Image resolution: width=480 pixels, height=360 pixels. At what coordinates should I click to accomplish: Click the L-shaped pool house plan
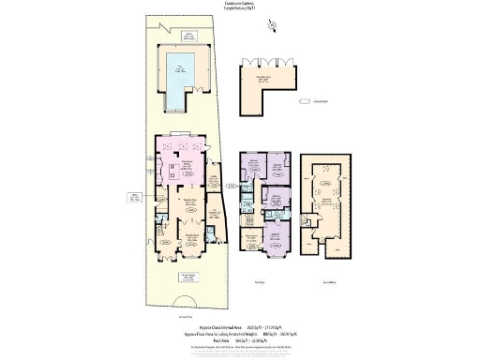coord(273,82)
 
